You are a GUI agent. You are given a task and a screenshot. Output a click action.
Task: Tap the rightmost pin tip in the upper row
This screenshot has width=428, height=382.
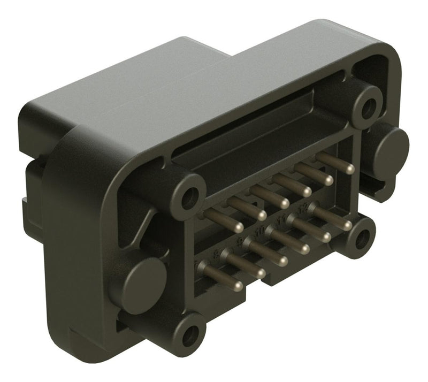(x=349, y=169)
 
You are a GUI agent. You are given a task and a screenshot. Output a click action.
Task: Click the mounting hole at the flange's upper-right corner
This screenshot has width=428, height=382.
(x=368, y=109)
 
